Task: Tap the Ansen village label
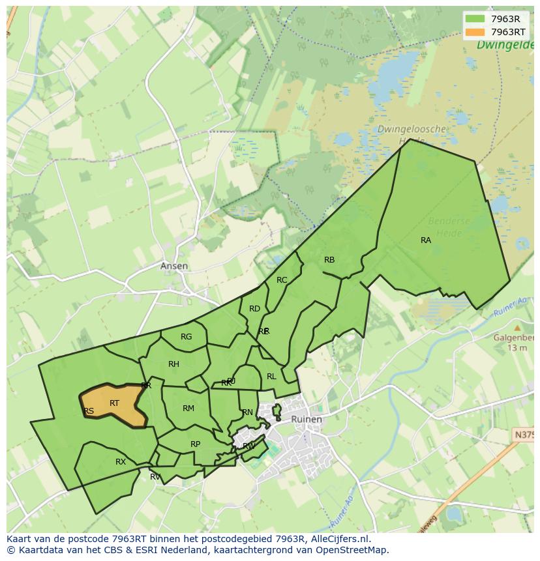174,266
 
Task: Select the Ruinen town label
306,419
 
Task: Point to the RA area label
426,240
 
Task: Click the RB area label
329,260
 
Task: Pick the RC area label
282,280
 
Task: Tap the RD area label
254,309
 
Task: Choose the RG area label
187,337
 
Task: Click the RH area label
173,364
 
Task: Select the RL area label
271,377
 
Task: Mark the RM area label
188,409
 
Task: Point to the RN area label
247,412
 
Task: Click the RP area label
195,444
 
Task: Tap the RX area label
121,462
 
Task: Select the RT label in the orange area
114,403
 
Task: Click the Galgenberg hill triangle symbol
517,328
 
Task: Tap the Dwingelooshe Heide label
412,134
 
